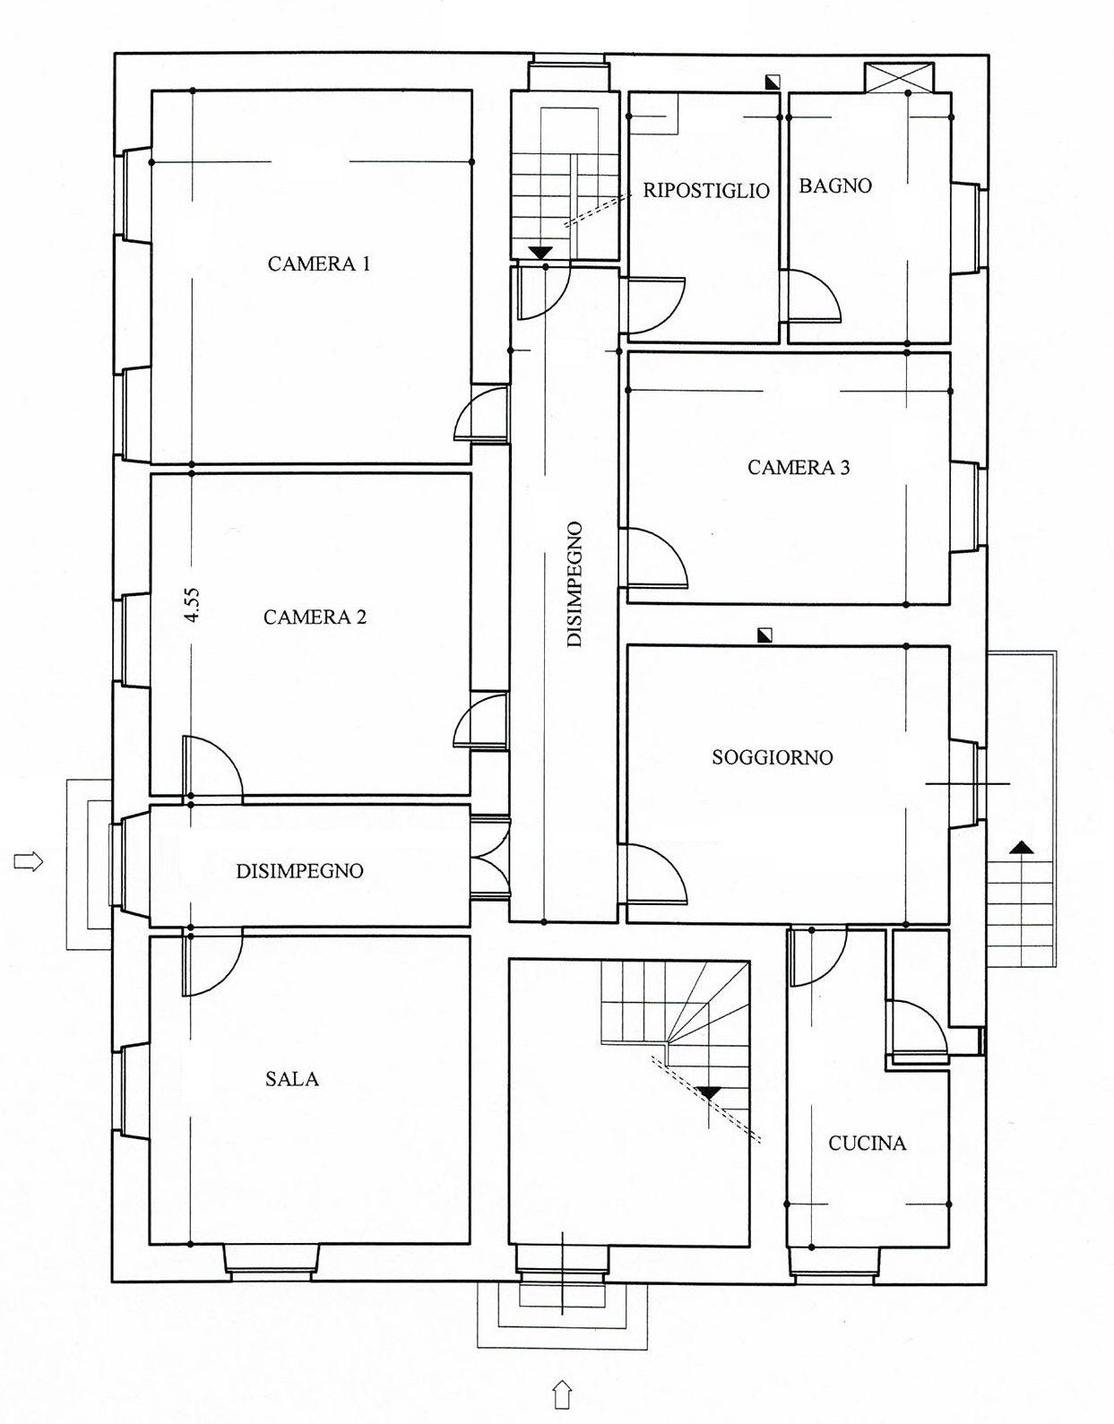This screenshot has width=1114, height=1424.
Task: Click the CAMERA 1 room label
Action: (x=319, y=264)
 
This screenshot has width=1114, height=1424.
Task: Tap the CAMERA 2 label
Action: (x=315, y=617)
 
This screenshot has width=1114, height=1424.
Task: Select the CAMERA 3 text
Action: (x=799, y=467)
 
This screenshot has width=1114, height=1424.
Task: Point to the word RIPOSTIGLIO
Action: (x=706, y=190)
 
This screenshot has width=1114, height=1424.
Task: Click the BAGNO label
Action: (x=835, y=186)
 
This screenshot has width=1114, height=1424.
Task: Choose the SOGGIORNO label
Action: (x=773, y=757)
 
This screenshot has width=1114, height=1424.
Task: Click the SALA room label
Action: (x=292, y=1079)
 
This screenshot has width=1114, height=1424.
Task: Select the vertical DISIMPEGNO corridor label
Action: (x=574, y=584)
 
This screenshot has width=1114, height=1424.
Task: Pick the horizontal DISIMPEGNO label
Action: (x=300, y=871)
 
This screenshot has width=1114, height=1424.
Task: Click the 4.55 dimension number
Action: (x=194, y=605)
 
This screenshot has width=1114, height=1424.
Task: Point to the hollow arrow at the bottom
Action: (x=562, y=1394)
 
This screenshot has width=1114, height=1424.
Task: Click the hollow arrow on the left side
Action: (x=28, y=860)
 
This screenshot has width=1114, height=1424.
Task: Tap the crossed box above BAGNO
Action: (x=899, y=78)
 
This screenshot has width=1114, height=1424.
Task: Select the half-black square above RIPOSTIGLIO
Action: (x=773, y=82)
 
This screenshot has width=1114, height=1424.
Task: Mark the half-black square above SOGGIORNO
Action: (x=764, y=634)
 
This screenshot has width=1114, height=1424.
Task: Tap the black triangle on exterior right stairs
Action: (x=1021, y=848)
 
